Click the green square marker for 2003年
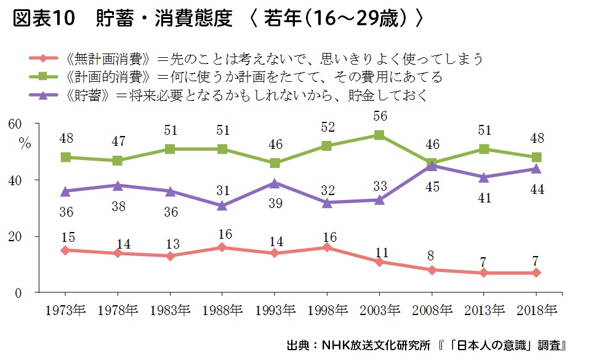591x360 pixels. click(380, 135)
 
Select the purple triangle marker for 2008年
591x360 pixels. click(433, 166)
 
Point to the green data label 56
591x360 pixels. click(380, 116)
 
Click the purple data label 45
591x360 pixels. click(433, 187)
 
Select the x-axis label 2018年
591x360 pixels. click(537, 309)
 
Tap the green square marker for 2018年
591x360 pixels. click(537, 157)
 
